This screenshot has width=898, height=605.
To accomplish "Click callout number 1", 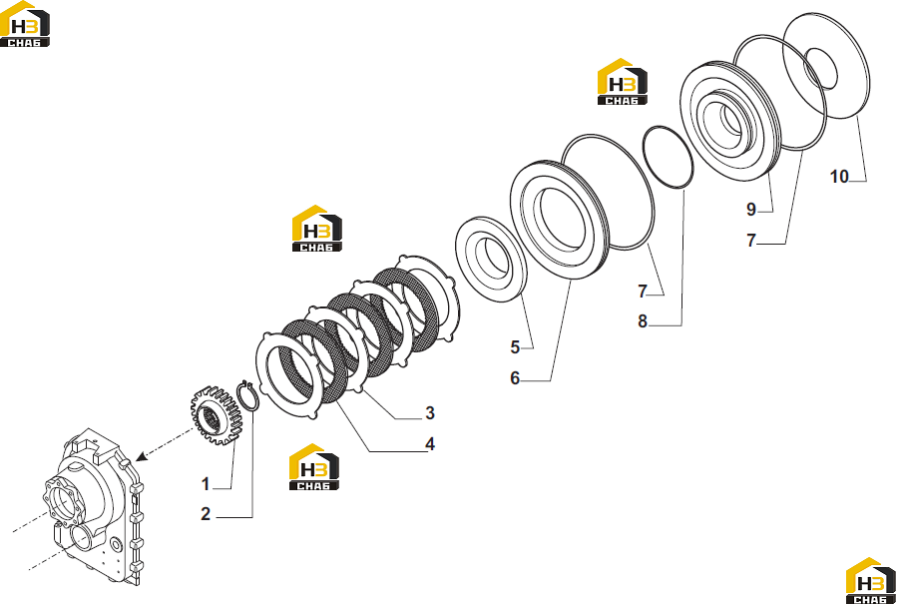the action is tap(206, 484).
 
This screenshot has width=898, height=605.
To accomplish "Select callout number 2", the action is tap(206, 514).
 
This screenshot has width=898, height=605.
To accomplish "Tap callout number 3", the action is tap(429, 413).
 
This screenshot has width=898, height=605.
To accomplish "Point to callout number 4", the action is tap(429, 444).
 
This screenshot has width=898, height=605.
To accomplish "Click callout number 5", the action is tap(515, 347).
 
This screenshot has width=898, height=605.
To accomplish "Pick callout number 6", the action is tap(515, 378).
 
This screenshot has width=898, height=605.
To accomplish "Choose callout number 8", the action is tap(643, 322).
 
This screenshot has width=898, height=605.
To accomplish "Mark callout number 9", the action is tap(751, 210).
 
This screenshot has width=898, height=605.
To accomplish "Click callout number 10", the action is tap(839, 177).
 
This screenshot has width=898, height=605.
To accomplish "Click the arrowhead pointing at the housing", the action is tap(141, 456).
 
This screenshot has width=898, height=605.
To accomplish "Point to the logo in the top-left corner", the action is tap(25, 24).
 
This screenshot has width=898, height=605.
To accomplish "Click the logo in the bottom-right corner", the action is tap(871, 581).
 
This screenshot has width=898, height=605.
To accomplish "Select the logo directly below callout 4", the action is tap(314, 467).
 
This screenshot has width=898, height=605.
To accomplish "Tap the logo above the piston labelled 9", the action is tap(622, 82).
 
